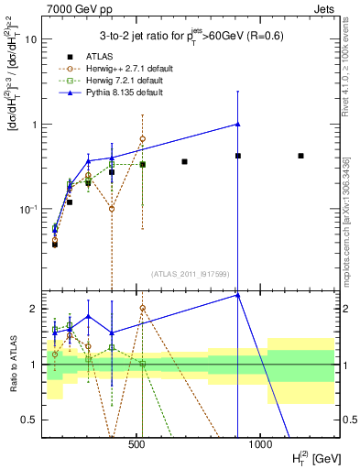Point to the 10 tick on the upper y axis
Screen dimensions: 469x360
(x=31, y=39)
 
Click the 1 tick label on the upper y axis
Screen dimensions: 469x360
(x=34, y=125)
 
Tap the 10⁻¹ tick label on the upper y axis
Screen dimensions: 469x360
(x=29, y=209)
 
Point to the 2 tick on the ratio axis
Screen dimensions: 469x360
(x=34, y=309)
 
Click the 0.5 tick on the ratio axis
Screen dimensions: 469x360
(x=30, y=420)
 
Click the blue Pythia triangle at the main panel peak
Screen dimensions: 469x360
(x=237, y=124)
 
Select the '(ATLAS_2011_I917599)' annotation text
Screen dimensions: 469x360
(x=189, y=273)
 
